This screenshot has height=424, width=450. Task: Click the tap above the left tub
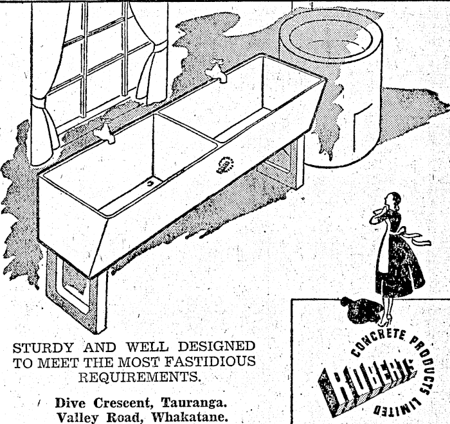pyautogui.click(x=105, y=132)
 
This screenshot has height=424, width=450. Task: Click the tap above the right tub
pyautogui.click(x=217, y=72)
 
